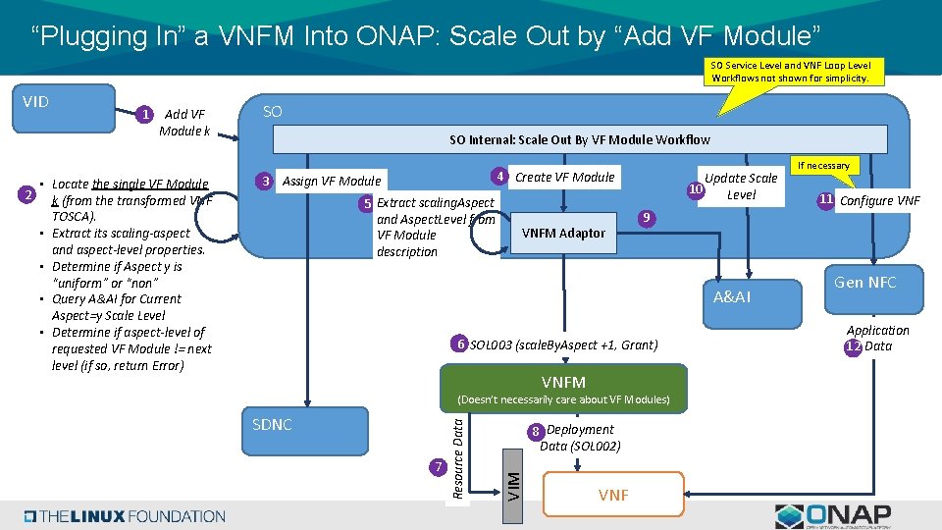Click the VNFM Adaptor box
(563, 233)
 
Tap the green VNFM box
(563, 382)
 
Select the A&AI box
(732, 296)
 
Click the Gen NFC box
(864, 283)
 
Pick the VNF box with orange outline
(612, 495)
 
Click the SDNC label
(272, 424)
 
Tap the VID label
(36, 101)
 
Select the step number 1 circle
(145, 115)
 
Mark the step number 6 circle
(458, 344)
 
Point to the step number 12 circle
(853, 346)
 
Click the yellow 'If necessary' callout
(823, 165)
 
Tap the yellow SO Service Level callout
(790, 72)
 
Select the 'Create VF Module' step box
(564, 178)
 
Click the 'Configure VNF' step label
(879, 201)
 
